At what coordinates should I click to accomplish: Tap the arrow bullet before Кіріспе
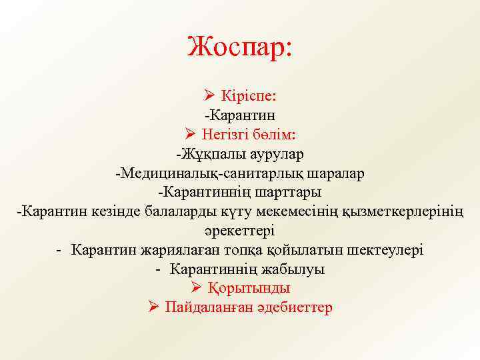click(x=208, y=97)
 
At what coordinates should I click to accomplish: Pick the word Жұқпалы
click(x=203, y=155)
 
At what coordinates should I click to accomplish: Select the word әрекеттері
click(x=240, y=231)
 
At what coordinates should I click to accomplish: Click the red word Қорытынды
click(x=249, y=289)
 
